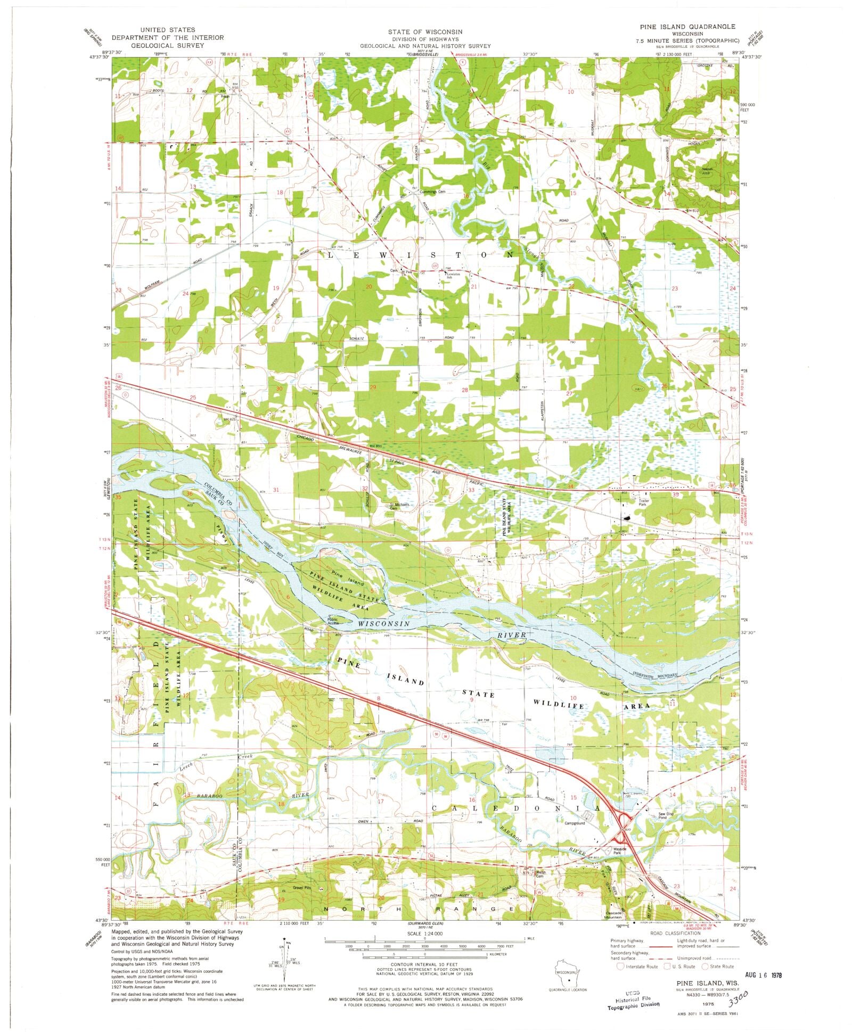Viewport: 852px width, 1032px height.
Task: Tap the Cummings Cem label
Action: pyautogui.click(x=432, y=192)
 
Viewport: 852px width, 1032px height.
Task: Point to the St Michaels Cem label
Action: pyautogui.click(x=399, y=506)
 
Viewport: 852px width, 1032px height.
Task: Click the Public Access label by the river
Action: pyautogui.click(x=332, y=621)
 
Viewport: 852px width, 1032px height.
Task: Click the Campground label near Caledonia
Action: pyautogui.click(x=575, y=823)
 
